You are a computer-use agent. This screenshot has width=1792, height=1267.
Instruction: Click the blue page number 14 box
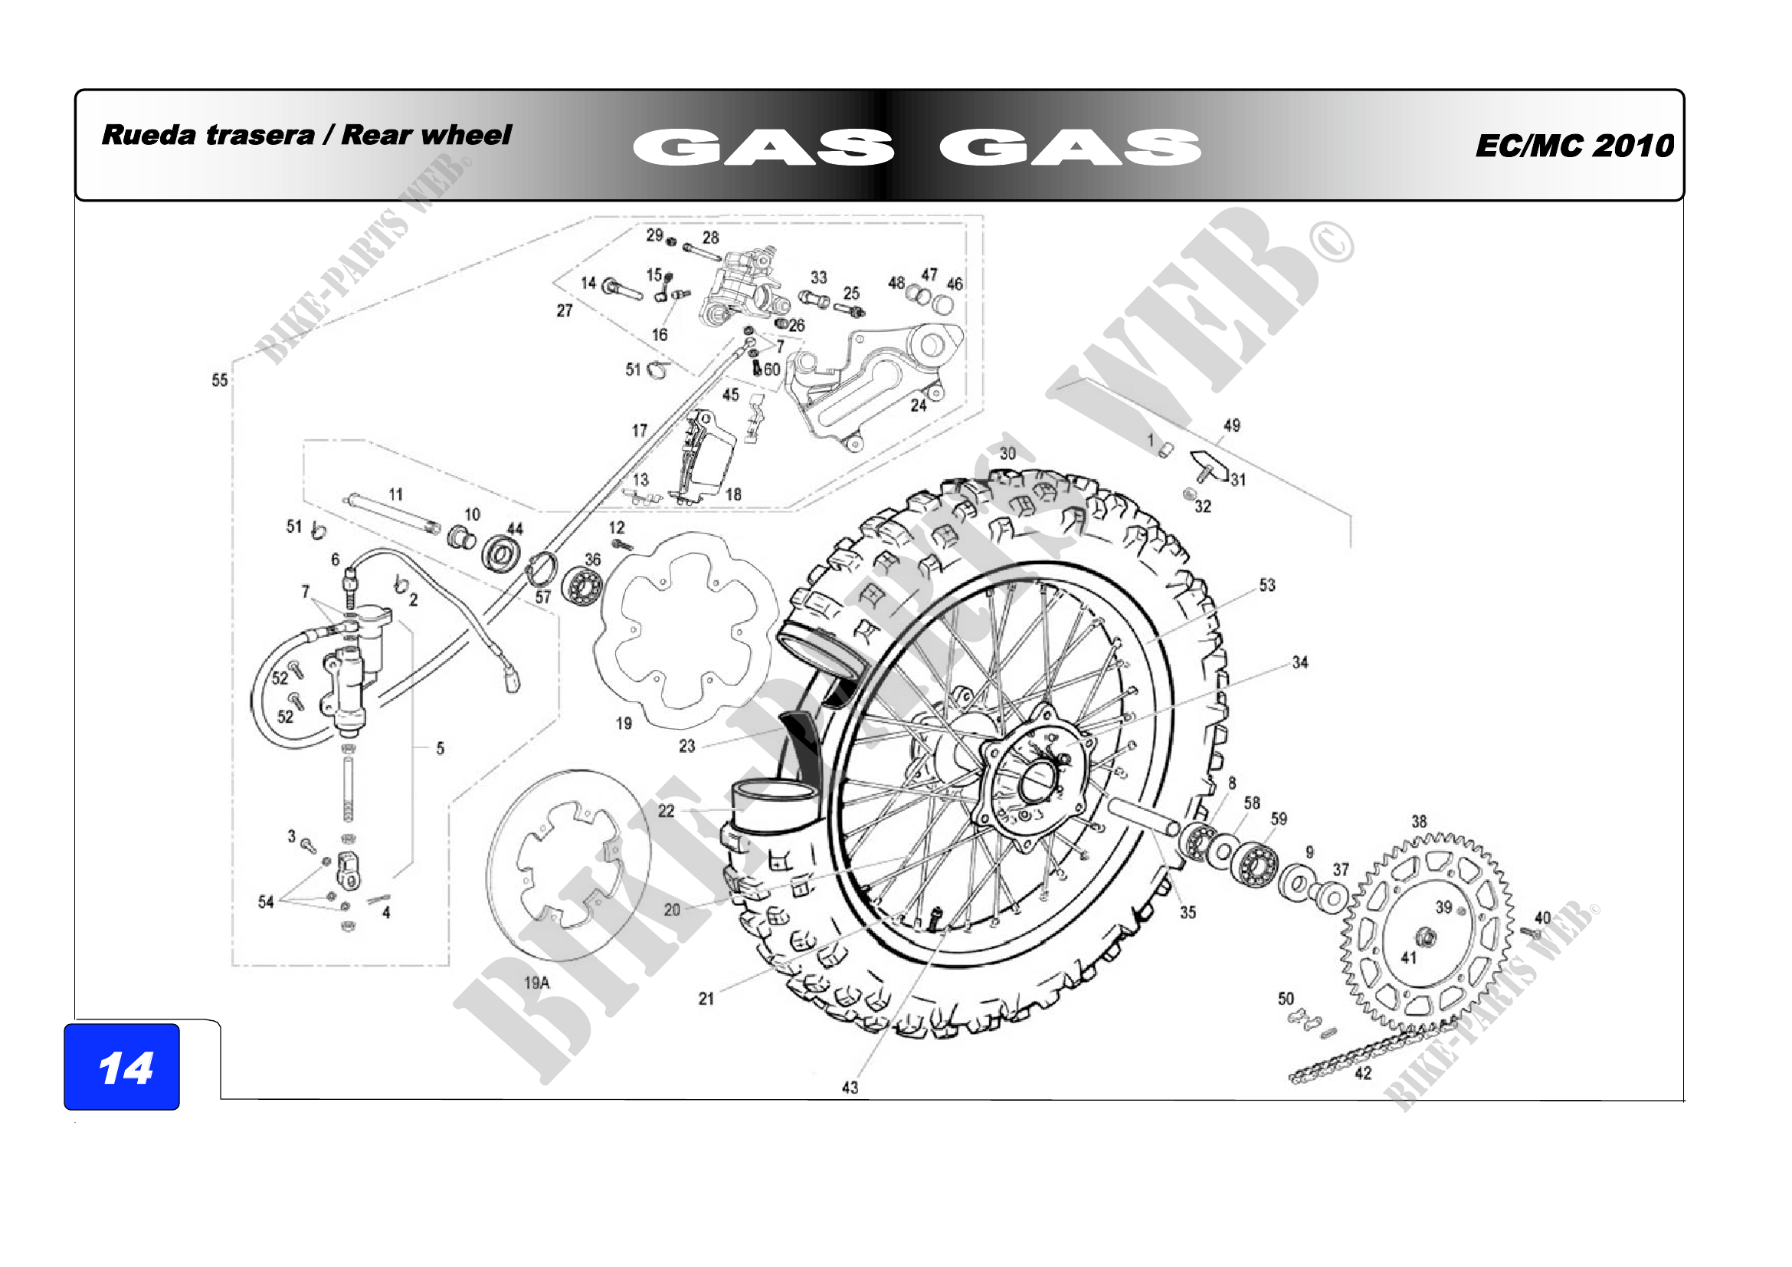coord(122,1066)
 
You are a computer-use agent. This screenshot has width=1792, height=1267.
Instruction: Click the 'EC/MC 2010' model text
coord(1574,146)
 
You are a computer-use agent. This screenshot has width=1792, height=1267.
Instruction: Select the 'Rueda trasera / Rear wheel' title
coord(306,135)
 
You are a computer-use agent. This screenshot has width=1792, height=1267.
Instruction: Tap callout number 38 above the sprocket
coord(1419,821)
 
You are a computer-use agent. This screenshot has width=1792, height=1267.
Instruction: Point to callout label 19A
coord(536,983)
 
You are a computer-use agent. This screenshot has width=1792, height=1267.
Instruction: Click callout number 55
coord(220,380)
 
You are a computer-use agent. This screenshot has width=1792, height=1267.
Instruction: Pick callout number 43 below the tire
coord(850,1088)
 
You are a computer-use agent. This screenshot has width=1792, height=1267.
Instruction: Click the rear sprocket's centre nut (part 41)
coord(1426,937)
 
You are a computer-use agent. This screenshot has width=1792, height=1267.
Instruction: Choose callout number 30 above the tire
coord(1007,454)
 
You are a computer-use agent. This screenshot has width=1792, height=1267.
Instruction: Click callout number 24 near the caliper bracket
coord(919,405)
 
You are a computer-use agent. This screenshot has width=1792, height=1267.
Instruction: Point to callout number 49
coord(1232,425)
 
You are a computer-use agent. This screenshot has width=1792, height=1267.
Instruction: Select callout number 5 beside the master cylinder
coord(441,749)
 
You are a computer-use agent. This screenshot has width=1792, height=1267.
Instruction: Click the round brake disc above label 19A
coord(568,865)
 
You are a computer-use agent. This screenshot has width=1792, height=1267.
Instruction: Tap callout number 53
coord(1266,585)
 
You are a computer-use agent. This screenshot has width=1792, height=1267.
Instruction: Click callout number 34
coord(1299,663)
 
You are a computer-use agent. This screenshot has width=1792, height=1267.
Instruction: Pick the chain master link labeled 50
coord(1311,1022)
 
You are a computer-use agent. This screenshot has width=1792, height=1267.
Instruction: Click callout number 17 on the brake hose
coord(639,431)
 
